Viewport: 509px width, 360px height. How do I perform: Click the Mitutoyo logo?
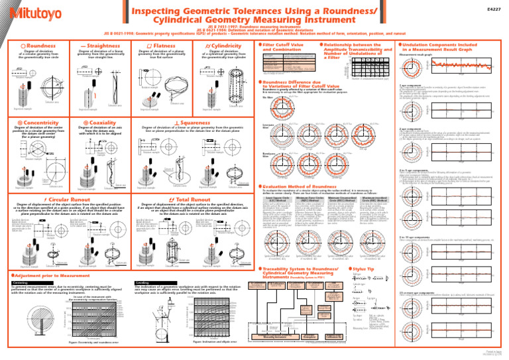(32, 12)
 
